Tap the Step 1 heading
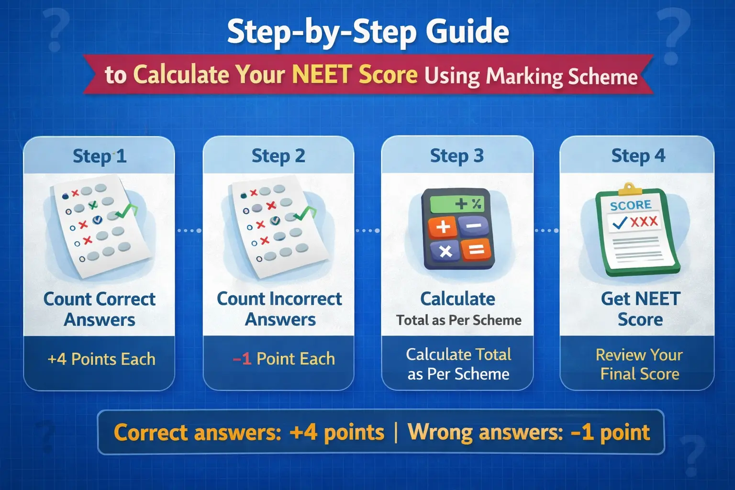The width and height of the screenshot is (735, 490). point(100,156)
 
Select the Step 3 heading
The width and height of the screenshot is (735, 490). point(457,156)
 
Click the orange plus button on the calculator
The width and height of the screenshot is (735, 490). point(443,226)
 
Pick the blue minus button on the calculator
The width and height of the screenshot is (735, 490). point(473,225)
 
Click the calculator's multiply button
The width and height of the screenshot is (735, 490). point(445,251)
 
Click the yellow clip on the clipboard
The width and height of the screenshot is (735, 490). point(630,189)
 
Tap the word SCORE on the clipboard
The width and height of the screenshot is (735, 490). point(631,205)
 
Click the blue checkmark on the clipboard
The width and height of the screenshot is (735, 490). point(620,223)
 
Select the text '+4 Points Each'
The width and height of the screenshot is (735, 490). point(101,359)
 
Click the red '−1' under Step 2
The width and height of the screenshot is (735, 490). point(242,359)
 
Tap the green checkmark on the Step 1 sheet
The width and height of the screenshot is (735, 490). point(127,209)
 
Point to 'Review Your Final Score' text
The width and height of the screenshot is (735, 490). point(639,364)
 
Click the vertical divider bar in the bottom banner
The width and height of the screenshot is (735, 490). point(396,433)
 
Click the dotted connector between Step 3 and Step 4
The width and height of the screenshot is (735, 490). point(546,231)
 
